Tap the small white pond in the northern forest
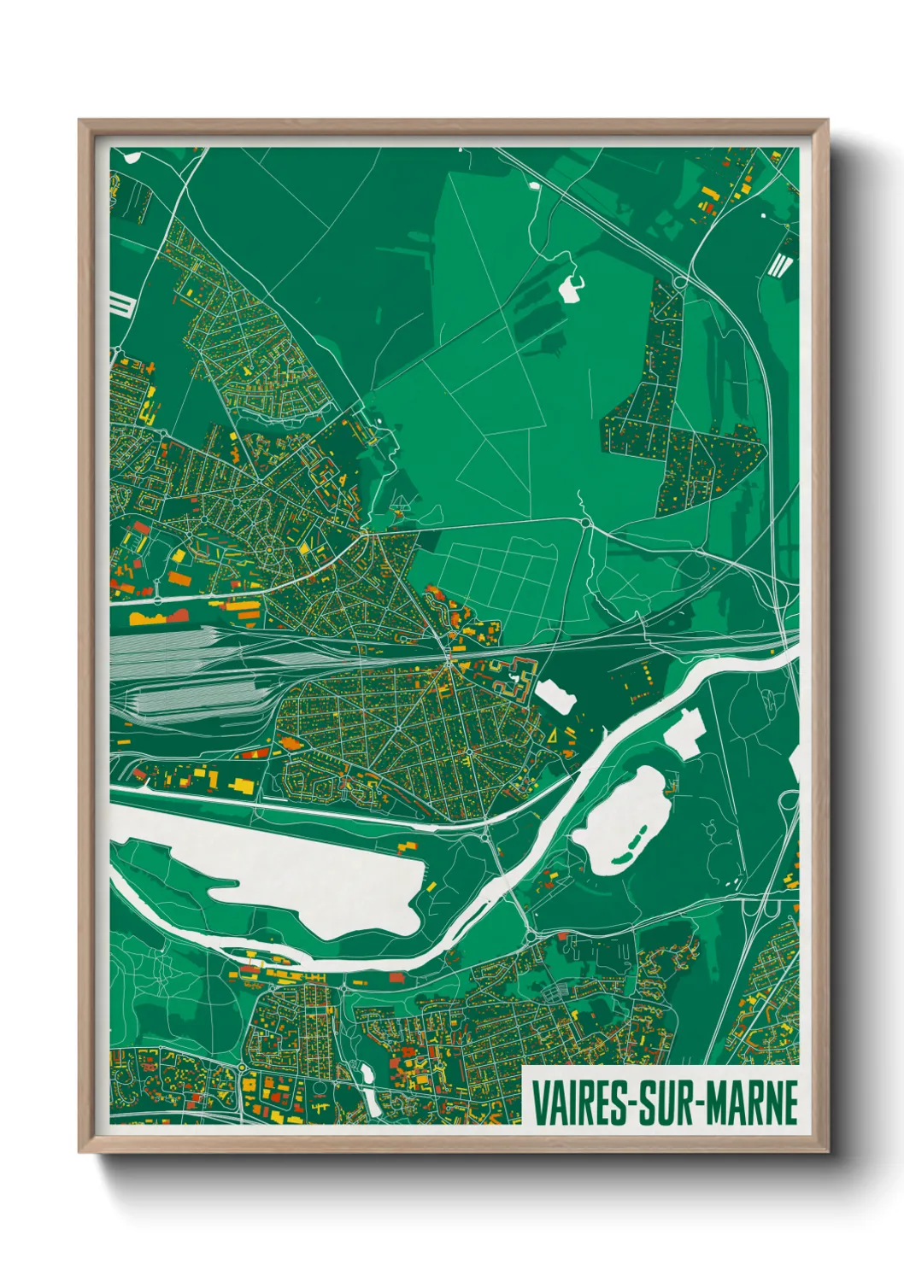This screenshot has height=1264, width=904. [570, 289]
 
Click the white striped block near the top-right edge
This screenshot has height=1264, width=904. [779, 265]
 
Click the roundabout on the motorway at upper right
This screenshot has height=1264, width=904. [681, 280]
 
